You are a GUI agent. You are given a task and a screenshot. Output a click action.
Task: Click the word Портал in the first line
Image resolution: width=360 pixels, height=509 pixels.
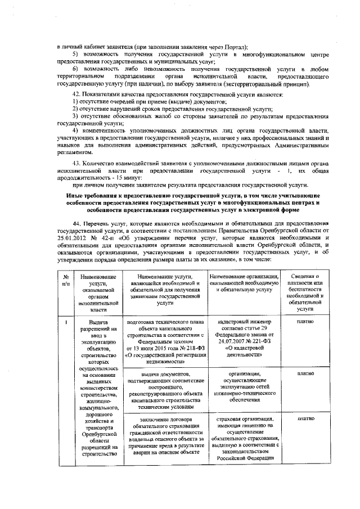[236, 47]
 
